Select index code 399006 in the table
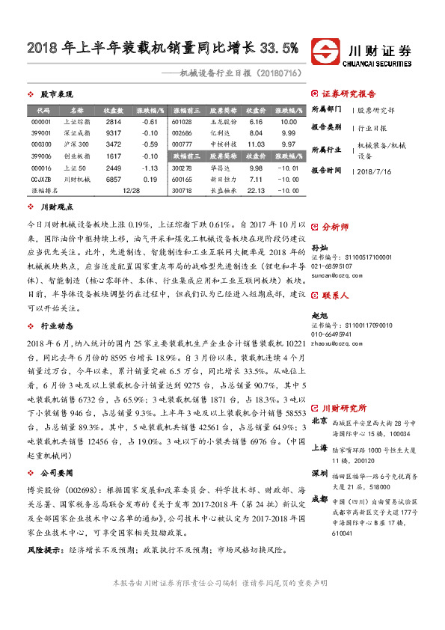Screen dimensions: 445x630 pyautogui.click(x=41, y=156)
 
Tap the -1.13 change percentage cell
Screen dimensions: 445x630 pyautogui.click(x=150, y=168)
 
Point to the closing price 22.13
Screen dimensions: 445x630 pyautogui.click(x=257, y=192)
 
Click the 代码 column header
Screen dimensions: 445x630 pyautogui.click(x=41, y=110)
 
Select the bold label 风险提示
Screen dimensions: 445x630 pyautogui.click(x=45, y=551)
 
